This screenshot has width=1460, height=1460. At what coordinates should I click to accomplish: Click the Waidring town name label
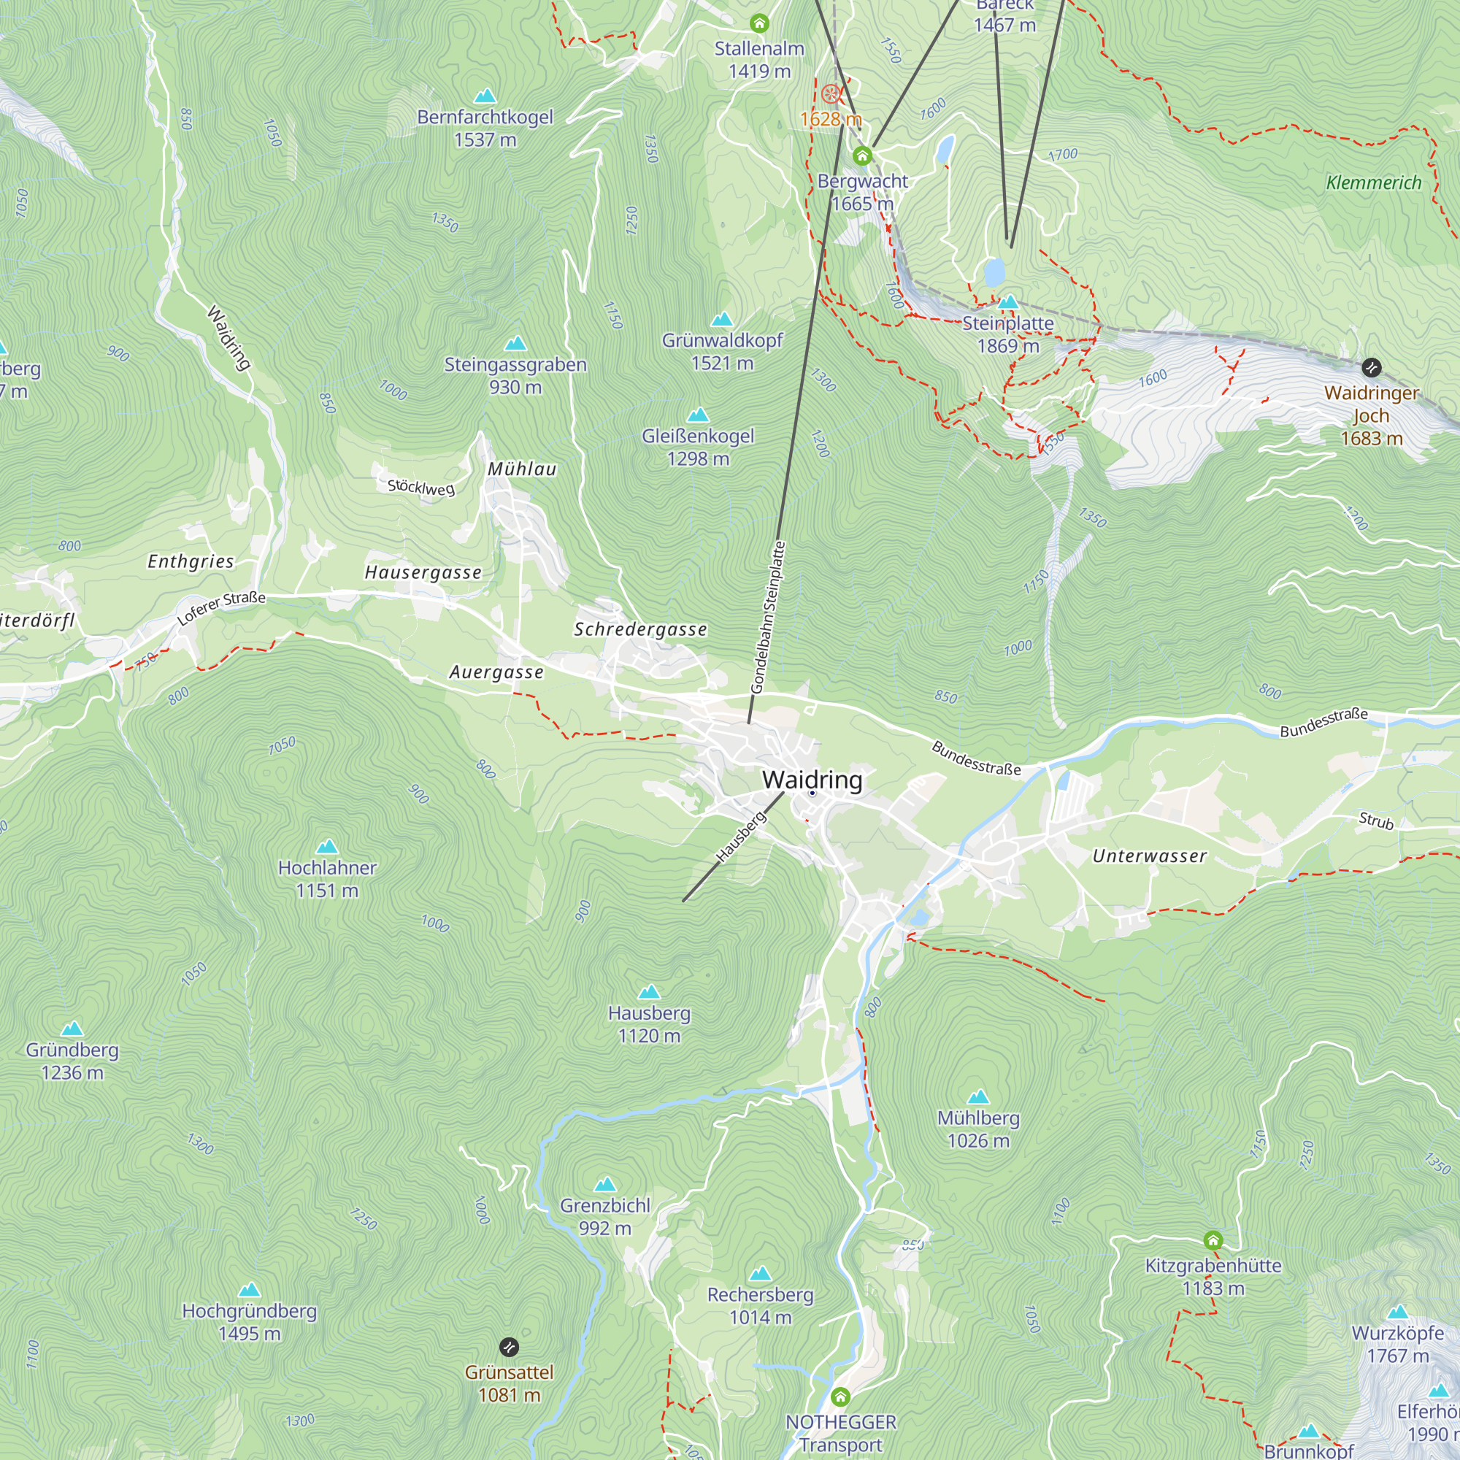click(812, 779)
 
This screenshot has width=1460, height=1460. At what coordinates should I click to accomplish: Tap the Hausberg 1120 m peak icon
click(649, 992)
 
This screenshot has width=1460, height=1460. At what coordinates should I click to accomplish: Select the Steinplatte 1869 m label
click(1007, 335)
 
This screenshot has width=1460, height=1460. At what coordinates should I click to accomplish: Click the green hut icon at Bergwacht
click(862, 156)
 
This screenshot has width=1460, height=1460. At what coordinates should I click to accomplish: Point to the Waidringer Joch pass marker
click(1371, 368)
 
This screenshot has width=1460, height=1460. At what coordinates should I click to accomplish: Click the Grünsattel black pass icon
click(510, 1347)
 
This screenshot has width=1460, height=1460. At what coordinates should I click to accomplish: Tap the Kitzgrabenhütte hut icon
click(1213, 1240)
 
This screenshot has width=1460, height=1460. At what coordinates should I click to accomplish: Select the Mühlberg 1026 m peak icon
click(979, 1096)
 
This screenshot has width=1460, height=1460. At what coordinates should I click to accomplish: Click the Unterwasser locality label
click(1148, 856)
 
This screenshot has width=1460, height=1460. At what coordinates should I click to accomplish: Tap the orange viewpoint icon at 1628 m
click(831, 94)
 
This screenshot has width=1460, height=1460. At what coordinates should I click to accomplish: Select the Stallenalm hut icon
click(758, 23)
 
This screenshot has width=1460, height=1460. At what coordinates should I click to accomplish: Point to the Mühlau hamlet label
click(521, 469)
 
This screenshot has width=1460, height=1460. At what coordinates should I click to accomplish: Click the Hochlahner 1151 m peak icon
click(327, 846)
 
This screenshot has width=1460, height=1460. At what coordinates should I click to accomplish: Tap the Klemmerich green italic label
click(1373, 183)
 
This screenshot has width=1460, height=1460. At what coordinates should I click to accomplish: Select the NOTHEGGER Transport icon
click(840, 1396)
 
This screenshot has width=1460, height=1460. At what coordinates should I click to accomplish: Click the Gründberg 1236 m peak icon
click(72, 1029)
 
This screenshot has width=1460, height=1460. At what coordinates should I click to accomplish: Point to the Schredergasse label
click(640, 629)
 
